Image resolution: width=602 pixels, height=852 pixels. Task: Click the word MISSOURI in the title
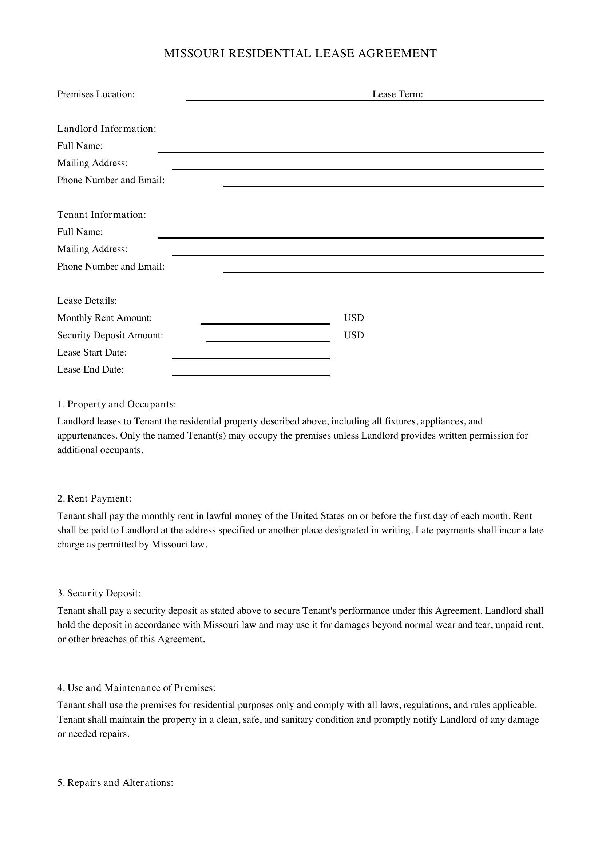click(194, 54)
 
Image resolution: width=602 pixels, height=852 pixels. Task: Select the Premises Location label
click(96, 94)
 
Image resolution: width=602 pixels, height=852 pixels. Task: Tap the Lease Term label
click(397, 94)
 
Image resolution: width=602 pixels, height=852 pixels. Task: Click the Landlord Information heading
click(106, 129)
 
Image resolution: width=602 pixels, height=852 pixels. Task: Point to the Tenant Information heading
click(102, 215)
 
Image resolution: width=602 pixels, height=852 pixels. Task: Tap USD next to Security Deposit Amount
click(354, 335)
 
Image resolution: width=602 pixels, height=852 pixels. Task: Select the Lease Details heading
click(87, 301)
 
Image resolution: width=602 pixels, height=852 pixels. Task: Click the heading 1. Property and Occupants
click(116, 404)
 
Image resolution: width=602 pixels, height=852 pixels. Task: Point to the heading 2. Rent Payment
click(94, 498)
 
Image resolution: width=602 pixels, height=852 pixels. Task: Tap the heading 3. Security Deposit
click(99, 593)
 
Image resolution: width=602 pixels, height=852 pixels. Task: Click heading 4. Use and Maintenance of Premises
click(136, 688)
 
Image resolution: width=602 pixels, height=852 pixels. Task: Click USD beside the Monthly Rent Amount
click(354, 318)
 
